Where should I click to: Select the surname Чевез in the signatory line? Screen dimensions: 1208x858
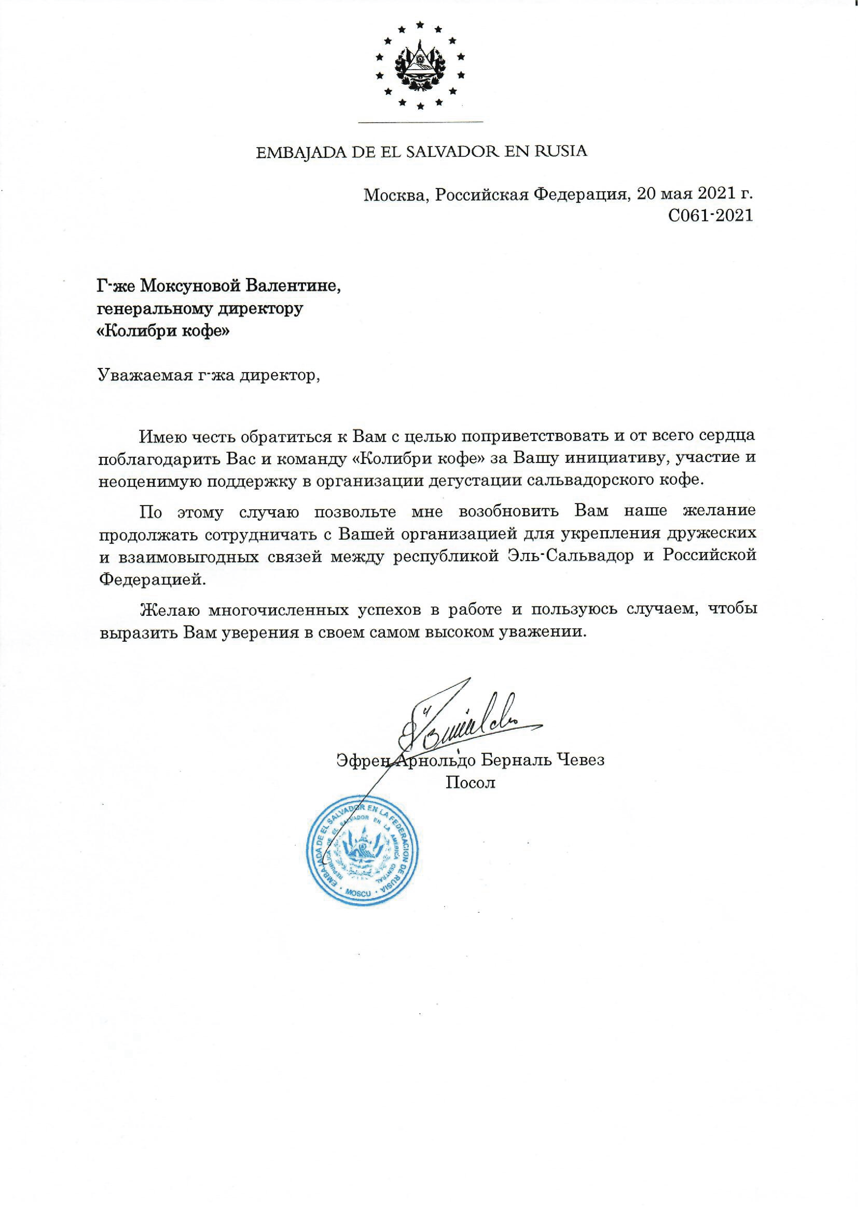click(579, 761)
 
